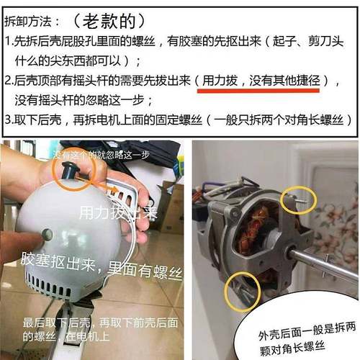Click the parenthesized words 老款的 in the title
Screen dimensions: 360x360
click(x=114, y=15)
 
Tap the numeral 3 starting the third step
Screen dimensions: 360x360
click(x=8, y=119)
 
